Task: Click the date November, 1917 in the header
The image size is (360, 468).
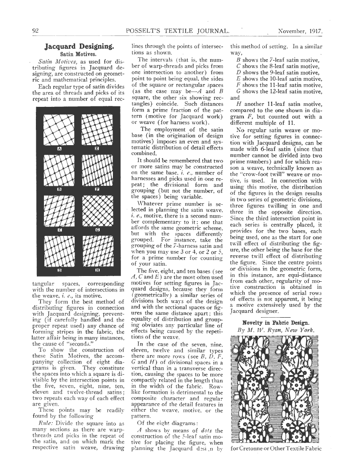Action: click(300, 31)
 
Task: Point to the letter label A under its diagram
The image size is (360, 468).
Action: click(60, 149)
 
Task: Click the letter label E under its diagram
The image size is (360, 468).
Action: click(97, 149)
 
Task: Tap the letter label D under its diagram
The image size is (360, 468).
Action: click(60, 271)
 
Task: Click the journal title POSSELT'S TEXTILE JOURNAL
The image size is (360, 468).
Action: click(178, 31)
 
